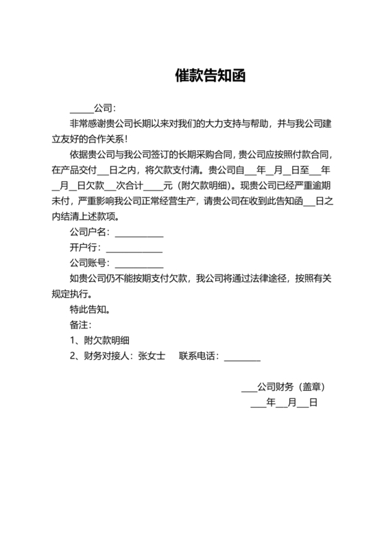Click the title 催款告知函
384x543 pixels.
click(210, 75)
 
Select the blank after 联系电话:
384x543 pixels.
click(242, 356)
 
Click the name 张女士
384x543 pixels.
click(152, 356)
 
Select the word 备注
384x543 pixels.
click(79, 324)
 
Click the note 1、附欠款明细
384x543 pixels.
click(100, 340)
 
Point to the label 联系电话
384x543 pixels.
click(198, 356)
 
